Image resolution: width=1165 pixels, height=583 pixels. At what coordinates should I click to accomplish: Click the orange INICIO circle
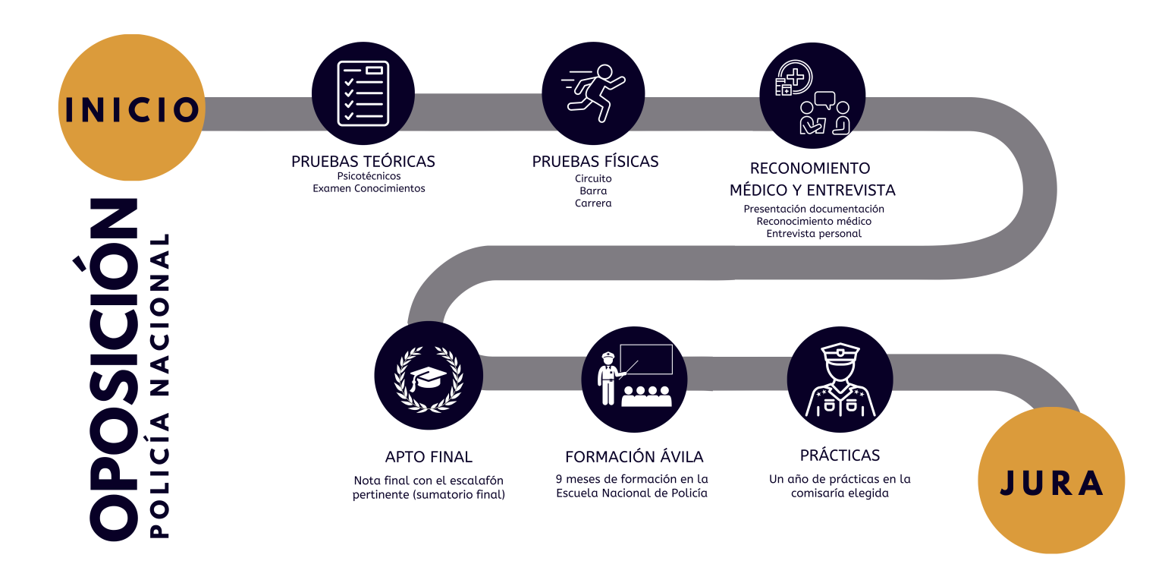[x=131, y=108]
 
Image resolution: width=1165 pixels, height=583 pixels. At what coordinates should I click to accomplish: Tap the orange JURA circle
[x=1051, y=481]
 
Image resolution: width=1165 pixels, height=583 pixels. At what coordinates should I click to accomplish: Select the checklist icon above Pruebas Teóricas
[x=363, y=93]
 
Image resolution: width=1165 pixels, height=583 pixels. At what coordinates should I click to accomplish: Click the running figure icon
[x=593, y=93]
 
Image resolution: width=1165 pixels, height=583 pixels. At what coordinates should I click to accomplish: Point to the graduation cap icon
[x=429, y=377]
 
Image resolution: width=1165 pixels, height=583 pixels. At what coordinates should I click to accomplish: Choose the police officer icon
[x=840, y=377]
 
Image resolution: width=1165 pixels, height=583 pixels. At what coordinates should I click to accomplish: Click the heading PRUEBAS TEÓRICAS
[x=363, y=162]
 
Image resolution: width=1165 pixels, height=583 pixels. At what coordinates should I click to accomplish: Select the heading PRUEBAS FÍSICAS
[x=595, y=162]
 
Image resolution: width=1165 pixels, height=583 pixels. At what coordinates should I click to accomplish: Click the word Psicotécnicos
[x=369, y=176]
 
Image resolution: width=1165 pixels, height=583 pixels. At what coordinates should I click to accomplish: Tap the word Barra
[x=593, y=191]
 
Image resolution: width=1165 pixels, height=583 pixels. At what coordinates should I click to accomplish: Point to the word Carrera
[x=593, y=203]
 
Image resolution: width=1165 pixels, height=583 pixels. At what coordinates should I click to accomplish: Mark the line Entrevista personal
[x=814, y=234]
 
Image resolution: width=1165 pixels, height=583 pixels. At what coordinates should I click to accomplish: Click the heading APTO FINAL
[x=429, y=457]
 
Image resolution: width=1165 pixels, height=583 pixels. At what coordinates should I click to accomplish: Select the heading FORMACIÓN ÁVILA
[x=634, y=457]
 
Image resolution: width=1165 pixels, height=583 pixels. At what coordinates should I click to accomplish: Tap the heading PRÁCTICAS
[x=840, y=455]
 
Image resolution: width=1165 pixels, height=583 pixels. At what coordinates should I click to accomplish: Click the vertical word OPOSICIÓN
[x=114, y=370]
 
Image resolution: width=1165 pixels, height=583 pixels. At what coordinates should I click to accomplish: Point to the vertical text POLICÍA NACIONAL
[x=159, y=386]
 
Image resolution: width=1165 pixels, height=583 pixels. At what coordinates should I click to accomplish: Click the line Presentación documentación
[x=814, y=209]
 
